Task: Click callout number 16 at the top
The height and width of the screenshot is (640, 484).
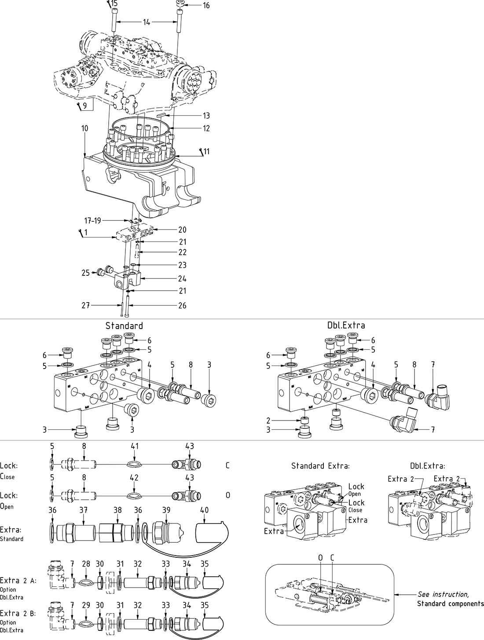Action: pyautogui.click(x=206, y=6)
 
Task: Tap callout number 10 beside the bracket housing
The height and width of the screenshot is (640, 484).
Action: pyautogui.click(x=84, y=128)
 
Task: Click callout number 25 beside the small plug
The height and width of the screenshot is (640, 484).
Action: pyautogui.click(x=85, y=273)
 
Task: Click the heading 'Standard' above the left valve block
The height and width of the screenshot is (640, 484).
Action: pyautogui.click(x=124, y=326)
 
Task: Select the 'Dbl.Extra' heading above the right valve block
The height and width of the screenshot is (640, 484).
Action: pyautogui.click(x=346, y=326)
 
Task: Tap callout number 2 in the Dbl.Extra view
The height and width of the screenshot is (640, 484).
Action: pyautogui.click(x=268, y=421)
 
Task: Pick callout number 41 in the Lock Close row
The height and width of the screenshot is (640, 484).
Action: pyautogui.click(x=135, y=446)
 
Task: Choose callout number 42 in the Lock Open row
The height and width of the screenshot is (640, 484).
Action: pyautogui.click(x=135, y=477)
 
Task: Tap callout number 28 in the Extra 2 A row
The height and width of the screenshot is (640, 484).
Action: pyautogui.click(x=86, y=564)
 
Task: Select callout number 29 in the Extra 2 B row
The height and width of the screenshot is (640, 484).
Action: pyautogui.click(x=86, y=605)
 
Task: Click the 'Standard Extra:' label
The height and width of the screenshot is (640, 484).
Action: pyautogui.click(x=320, y=466)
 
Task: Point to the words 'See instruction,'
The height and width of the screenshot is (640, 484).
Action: pyautogui.click(x=443, y=594)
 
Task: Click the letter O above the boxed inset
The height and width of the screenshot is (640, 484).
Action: pyautogui.click(x=321, y=558)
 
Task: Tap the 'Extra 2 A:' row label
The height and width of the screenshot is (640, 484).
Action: pyautogui.click(x=18, y=581)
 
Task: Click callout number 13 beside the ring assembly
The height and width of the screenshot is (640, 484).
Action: pyautogui.click(x=206, y=116)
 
